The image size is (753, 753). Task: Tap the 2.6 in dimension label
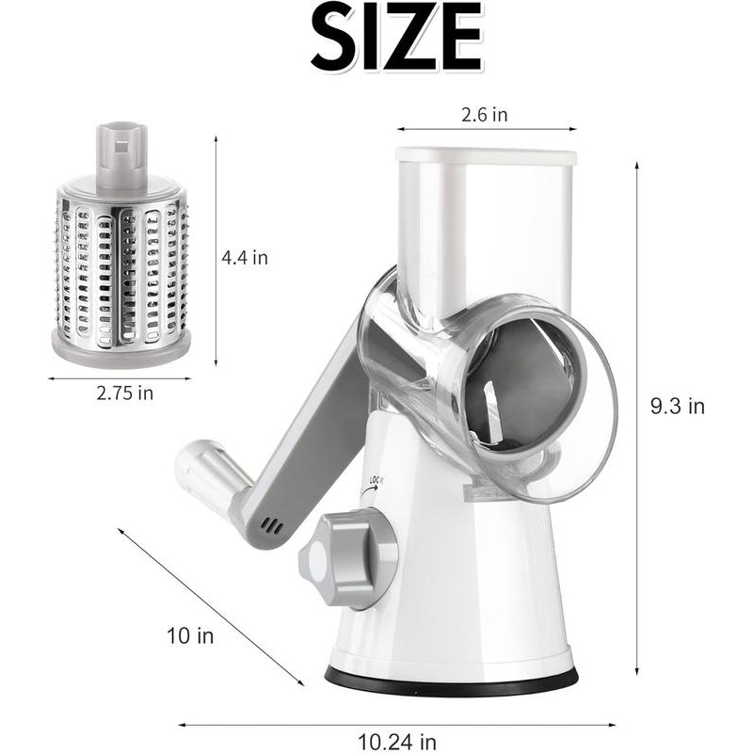(x=485, y=115)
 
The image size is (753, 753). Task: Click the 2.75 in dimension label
(x=124, y=393)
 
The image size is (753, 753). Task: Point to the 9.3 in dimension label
(x=678, y=407)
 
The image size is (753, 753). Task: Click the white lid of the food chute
(x=485, y=154)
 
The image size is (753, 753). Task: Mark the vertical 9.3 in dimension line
(x=637, y=414)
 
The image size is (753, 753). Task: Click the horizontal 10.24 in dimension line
(x=395, y=725)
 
